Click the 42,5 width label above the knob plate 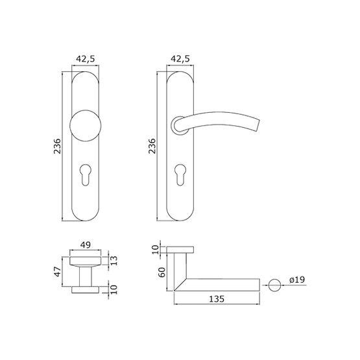pyautogui.click(x=86, y=59)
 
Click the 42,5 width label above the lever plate pyautogui.click(x=180, y=59)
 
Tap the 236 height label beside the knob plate pyautogui.click(x=57, y=146)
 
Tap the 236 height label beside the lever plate pyautogui.click(x=152, y=146)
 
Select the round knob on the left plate pyautogui.click(x=86, y=125)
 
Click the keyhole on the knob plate pyautogui.click(x=86, y=174)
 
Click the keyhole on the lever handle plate pyautogui.click(x=180, y=174)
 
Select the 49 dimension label pyautogui.click(x=86, y=245)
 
